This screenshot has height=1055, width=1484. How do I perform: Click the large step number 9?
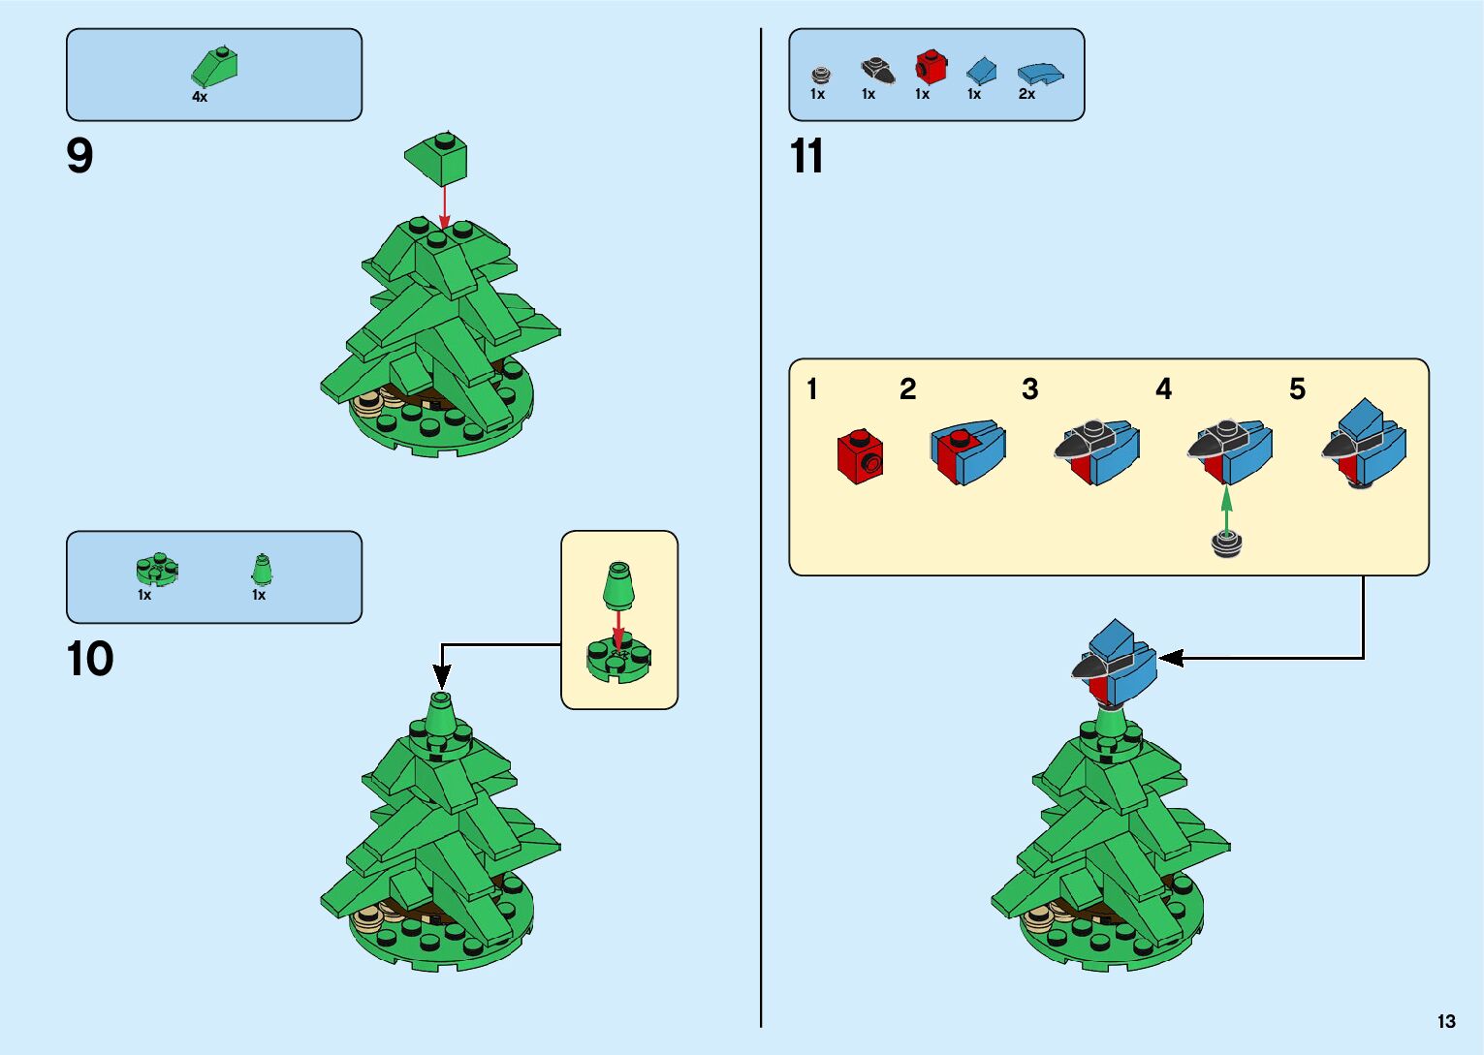tap(79, 156)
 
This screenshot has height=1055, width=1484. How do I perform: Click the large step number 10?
tap(90, 660)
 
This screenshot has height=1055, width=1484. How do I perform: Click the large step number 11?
tap(806, 157)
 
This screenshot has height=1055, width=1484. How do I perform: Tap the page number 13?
tap(1446, 1021)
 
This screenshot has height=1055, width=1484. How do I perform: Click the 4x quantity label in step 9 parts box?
tap(200, 97)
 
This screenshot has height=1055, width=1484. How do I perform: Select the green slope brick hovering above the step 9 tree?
tap(437, 158)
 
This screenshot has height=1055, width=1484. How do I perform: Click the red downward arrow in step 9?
tap(444, 205)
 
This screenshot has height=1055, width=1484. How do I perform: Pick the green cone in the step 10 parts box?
tap(261, 569)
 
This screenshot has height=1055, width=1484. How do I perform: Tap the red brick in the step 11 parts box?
tap(930, 68)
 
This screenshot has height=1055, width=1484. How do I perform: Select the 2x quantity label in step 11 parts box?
tap(1026, 94)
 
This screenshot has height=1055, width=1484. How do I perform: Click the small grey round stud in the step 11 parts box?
tap(820, 75)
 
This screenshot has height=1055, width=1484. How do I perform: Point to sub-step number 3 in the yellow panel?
tap(1029, 389)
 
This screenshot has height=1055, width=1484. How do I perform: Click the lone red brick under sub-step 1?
tap(860, 456)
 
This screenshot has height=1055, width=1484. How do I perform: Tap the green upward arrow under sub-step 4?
tap(1226, 509)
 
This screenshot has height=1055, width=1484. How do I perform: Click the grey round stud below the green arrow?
tap(1227, 543)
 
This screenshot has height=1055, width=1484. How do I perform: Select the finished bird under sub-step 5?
tap(1364, 446)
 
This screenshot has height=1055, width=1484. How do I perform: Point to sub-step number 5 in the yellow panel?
tap(1297, 389)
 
